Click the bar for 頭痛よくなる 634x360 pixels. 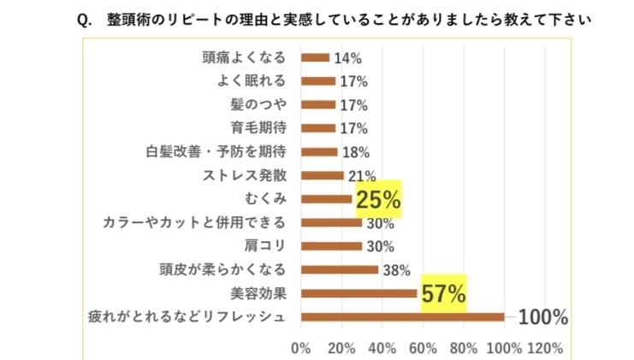[x=315, y=58]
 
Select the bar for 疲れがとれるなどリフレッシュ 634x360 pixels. [x=402, y=317]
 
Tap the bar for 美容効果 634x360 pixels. [x=358, y=293]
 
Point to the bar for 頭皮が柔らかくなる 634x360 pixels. [x=339, y=270]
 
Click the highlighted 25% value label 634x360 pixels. [x=378, y=200]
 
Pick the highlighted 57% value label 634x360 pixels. [x=443, y=294]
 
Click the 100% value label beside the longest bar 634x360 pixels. [x=542, y=317]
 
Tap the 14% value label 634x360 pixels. [x=347, y=58]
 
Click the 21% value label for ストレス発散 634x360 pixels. [x=360, y=176]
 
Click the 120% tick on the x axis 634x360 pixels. [x=545, y=348]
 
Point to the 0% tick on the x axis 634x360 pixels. [x=301, y=348]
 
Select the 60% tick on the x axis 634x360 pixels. [x=423, y=348]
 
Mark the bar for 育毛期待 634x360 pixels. [x=318, y=128]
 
